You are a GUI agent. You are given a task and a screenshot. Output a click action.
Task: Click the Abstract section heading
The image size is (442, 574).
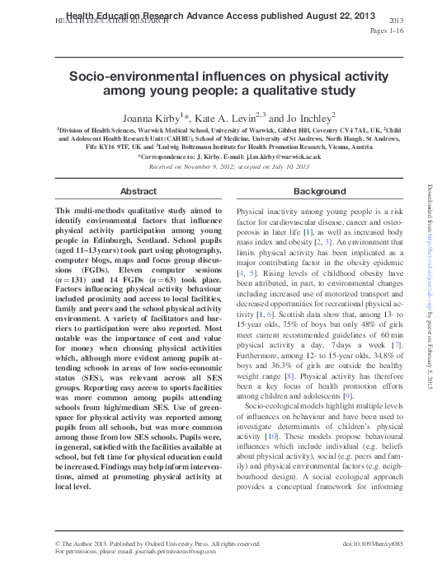(x=138, y=191)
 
